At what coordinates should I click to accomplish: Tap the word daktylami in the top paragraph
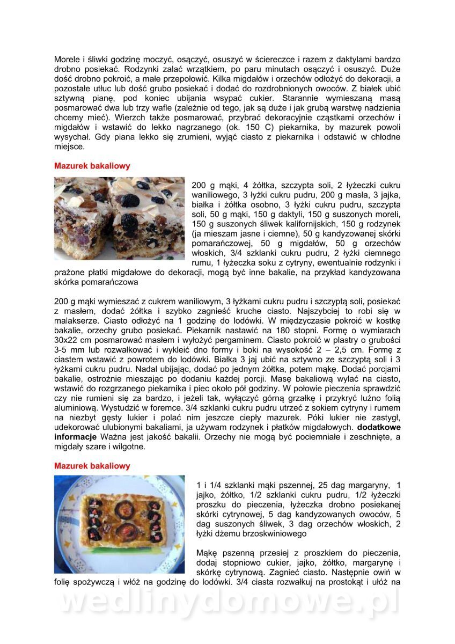pyautogui.click(x=351, y=60)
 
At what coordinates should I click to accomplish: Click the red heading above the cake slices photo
pyautogui.click(x=92, y=166)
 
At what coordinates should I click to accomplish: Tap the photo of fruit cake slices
pyautogui.click(x=119, y=218)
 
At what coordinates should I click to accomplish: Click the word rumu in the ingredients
pyautogui.click(x=201, y=263)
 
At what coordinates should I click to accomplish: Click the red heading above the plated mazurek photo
pyautogui.click(x=92, y=466)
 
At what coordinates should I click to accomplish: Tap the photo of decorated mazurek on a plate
pyautogui.click(x=119, y=524)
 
